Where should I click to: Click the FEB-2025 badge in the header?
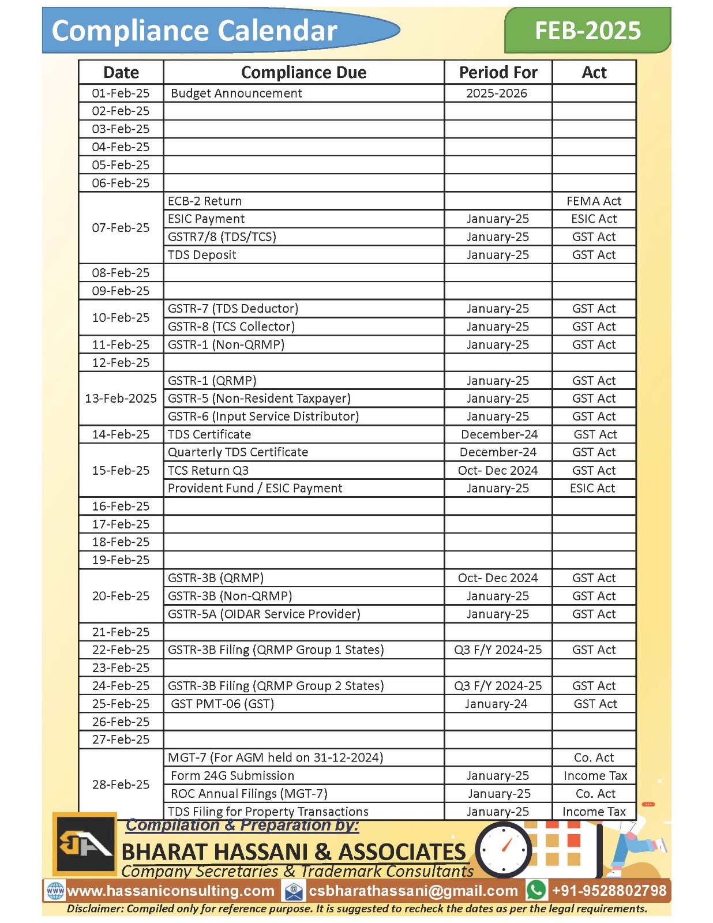pos(587,30)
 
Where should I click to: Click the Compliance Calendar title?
pos(194,31)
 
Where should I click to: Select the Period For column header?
pos(498,73)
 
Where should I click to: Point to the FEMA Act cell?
pos(594,201)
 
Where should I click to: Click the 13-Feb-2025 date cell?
pos(121,399)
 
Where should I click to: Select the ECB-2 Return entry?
pos(205,201)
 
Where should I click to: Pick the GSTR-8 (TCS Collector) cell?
pos(231,327)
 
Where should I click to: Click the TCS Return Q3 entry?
pos(208,470)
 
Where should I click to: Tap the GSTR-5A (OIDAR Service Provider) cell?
pos(264,614)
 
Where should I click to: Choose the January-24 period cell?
pos(496,704)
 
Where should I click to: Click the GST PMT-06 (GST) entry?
pos(222,704)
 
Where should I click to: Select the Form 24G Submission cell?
pos(232,776)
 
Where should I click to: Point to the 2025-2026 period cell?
pos(496,93)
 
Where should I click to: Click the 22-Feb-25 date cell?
pos(121,650)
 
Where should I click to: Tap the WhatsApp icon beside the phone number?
pos(536,890)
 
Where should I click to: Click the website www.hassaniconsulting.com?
pos(171,891)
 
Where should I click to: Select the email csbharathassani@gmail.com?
pos(413,891)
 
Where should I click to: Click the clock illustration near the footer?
pos(504,849)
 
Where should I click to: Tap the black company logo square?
pos(84,844)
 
